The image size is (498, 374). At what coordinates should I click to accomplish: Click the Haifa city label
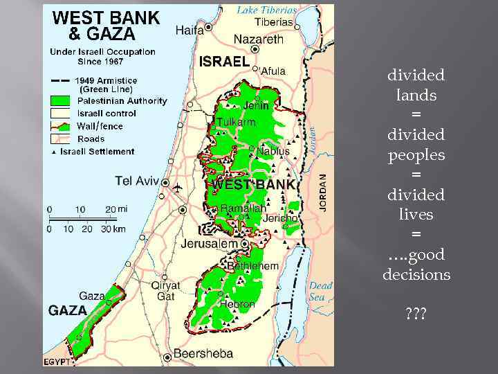(x=190, y=30)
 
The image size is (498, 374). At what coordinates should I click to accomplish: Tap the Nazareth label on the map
(x=258, y=39)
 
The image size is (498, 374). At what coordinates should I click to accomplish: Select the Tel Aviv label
(x=137, y=181)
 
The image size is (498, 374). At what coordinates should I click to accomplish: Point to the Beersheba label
(x=203, y=353)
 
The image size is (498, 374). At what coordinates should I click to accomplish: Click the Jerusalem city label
(x=210, y=244)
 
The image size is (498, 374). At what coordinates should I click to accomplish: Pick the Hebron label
(x=237, y=304)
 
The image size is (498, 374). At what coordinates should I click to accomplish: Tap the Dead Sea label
(x=320, y=291)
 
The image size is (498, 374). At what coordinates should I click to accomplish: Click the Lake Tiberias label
(x=267, y=10)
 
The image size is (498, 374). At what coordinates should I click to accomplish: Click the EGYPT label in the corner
(x=57, y=362)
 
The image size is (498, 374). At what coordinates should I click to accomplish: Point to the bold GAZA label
(x=67, y=310)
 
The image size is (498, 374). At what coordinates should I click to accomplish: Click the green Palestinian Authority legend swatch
(x=61, y=101)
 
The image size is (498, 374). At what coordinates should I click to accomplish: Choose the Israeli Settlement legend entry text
(x=97, y=151)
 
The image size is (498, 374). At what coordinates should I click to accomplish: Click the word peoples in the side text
(x=416, y=154)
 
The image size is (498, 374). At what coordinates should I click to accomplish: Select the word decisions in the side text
(x=416, y=275)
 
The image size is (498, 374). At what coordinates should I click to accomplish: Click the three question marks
(x=416, y=314)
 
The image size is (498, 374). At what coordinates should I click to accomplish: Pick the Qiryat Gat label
(x=165, y=290)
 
